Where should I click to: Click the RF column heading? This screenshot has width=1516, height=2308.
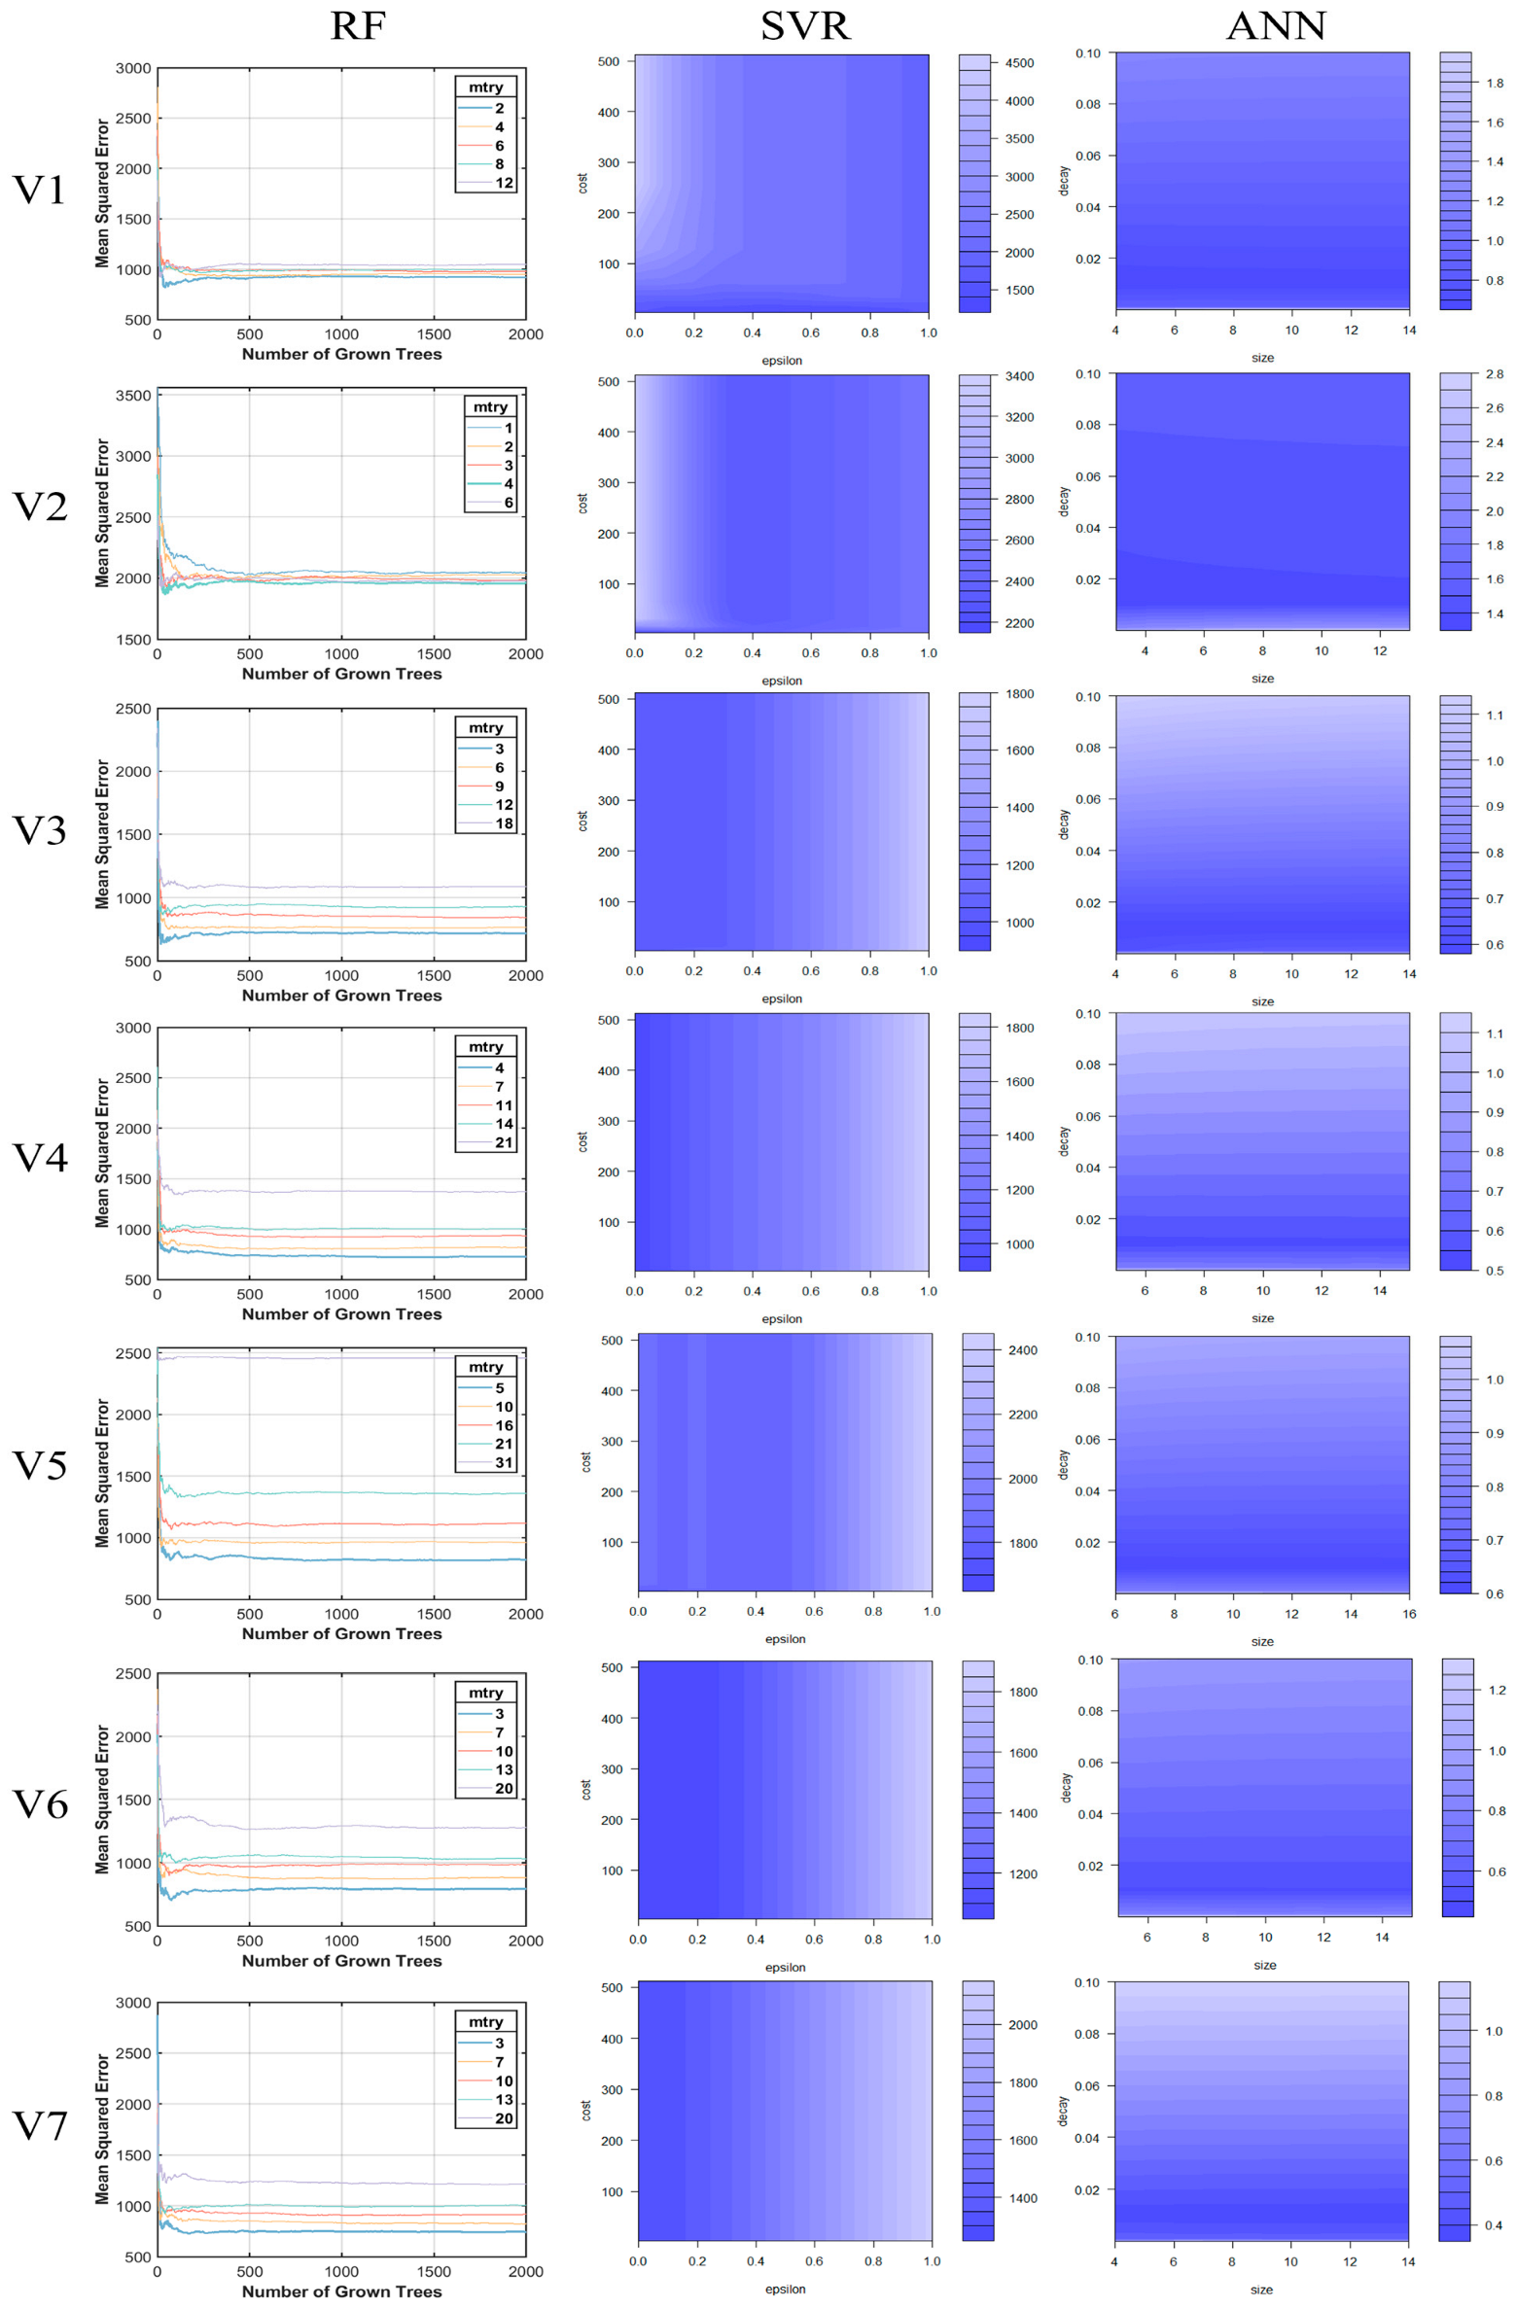(x=358, y=26)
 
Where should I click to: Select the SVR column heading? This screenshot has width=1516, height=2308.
(x=804, y=26)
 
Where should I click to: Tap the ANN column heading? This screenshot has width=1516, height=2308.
(x=1276, y=26)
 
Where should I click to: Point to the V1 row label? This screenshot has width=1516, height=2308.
(x=39, y=190)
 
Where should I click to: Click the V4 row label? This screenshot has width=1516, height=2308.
(x=39, y=1157)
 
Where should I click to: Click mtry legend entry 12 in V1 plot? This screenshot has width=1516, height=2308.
(x=504, y=183)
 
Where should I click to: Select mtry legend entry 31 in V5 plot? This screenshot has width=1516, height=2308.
(x=504, y=1462)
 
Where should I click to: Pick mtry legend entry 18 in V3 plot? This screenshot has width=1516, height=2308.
(x=504, y=823)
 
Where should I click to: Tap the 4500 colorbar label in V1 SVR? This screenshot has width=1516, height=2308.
(x=1019, y=63)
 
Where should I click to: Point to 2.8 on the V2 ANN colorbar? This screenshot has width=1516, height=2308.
(x=1495, y=374)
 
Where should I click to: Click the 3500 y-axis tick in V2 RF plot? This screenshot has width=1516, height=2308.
(x=133, y=396)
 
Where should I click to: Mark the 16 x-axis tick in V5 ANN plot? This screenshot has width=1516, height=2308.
(x=1409, y=1614)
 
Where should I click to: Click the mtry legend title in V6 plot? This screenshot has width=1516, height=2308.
(x=485, y=1693)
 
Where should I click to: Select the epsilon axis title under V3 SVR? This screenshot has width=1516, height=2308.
(x=782, y=998)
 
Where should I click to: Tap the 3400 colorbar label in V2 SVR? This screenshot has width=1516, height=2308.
(x=1019, y=376)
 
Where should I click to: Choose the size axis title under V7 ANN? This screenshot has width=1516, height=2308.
(x=1261, y=2290)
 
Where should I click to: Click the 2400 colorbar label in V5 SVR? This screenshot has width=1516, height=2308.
(x=1023, y=1350)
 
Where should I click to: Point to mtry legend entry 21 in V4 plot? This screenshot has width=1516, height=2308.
(x=504, y=1142)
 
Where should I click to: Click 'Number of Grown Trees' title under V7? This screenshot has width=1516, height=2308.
(x=341, y=2291)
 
